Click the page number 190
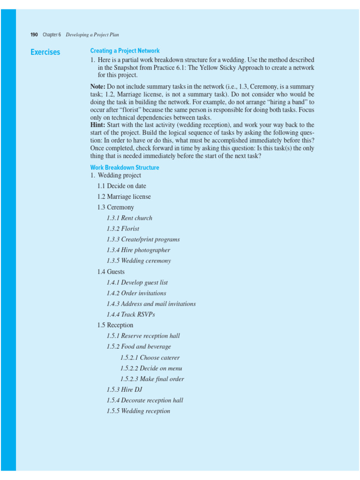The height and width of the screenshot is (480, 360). pyautogui.click(x=34, y=35)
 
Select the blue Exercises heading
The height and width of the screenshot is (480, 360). pyautogui.click(x=45, y=52)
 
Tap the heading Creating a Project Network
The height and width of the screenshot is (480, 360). pyautogui.click(x=125, y=51)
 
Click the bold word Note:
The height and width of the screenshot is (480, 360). pyautogui.click(x=97, y=87)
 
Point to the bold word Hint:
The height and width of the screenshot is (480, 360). pyautogui.click(x=97, y=125)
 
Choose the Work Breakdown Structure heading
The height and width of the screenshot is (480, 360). pyautogui.click(x=124, y=167)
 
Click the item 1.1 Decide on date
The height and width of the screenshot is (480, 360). pyautogui.click(x=122, y=186)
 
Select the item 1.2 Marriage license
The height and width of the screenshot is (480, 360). pyautogui.click(x=124, y=197)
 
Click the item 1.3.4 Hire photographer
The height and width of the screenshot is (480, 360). pyautogui.click(x=138, y=250)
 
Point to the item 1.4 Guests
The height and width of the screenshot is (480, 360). pyautogui.click(x=111, y=272)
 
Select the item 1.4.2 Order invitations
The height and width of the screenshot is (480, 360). pyautogui.click(x=136, y=293)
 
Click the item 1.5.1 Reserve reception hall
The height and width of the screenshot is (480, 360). pyautogui.click(x=143, y=336)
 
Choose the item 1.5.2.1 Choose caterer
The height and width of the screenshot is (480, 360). pyautogui.click(x=150, y=358)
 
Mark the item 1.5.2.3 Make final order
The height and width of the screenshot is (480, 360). pyautogui.click(x=152, y=379)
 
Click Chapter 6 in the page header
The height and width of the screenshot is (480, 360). pyautogui.click(x=52, y=35)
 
